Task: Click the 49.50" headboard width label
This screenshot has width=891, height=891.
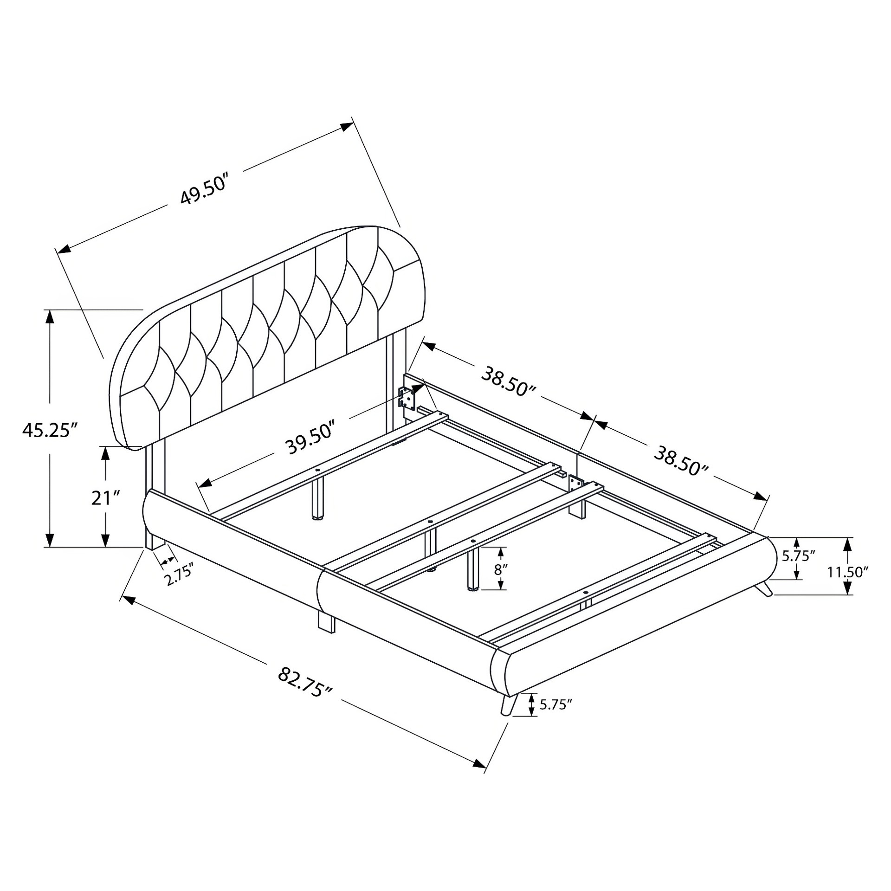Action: click(x=205, y=190)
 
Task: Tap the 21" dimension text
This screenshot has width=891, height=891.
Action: click(x=106, y=498)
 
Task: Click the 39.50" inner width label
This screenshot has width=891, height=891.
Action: click(x=310, y=438)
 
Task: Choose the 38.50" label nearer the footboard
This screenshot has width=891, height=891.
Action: click(x=681, y=460)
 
